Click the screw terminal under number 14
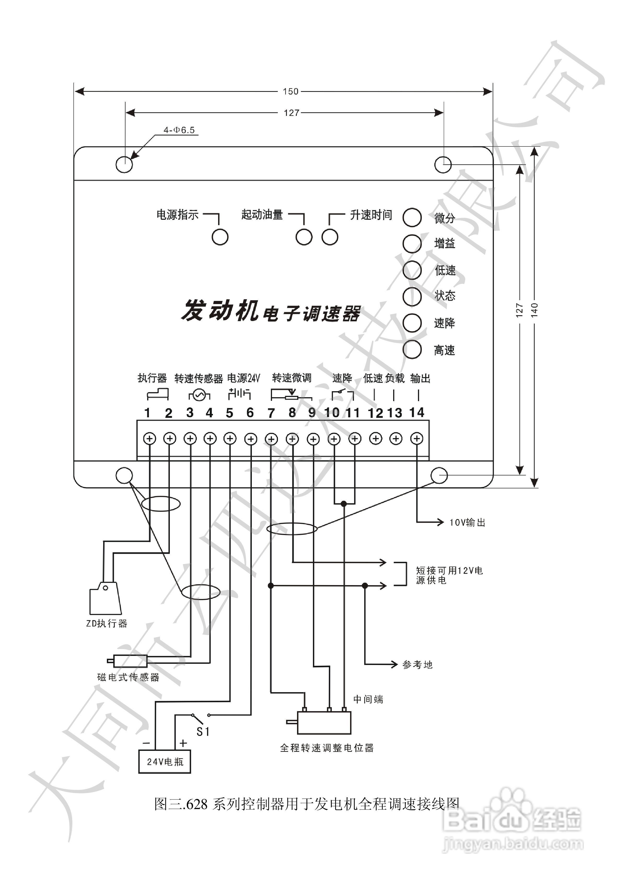[417, 438]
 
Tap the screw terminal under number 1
[149, 438]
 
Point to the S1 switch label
[203, 732]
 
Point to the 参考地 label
[418, 665]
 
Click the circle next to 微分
[412, 217]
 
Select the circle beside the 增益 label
[412, 243]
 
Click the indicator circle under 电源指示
[220, 237]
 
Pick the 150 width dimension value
[290, 92]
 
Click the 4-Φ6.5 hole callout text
[179, 130]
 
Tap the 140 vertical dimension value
[535, 309]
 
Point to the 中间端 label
[368, 699]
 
